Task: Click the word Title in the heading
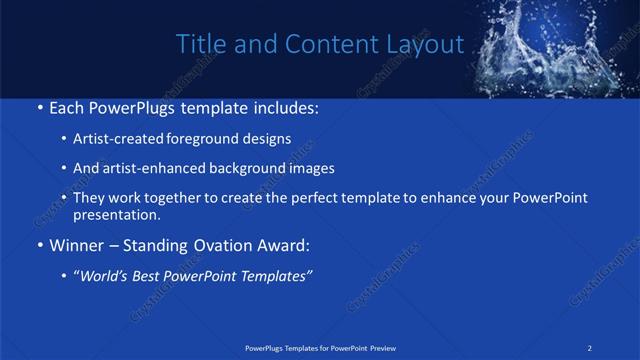click(199, 44)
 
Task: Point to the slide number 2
click(591, 348)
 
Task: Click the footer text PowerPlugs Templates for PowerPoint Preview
click(319, 348)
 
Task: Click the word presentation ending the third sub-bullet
click(116, 215)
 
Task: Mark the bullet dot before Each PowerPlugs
click(38, 107)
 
